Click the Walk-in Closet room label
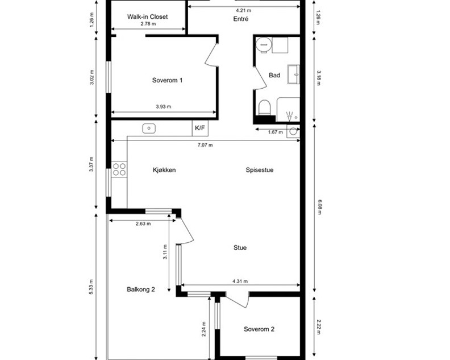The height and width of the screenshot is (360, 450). [x=147, y=16]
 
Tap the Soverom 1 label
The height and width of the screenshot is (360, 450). [x=167, y=80]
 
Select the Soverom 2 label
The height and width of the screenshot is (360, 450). [x=259, y=329]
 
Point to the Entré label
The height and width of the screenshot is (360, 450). [x=241, y=19]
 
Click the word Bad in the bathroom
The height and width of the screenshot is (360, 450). [x=274, y=75]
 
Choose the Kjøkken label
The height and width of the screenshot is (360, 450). [x=164, y=170]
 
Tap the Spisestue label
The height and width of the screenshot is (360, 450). [x=260, y=170]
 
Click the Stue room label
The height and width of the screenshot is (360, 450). [x=240, y=247]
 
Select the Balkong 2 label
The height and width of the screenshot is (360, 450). [x=141, y=289]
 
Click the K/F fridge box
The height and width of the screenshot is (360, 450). [x=200, y=128]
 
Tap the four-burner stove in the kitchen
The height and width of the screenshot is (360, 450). [x=119, y=169]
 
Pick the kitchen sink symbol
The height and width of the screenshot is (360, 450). [x=149, y=128]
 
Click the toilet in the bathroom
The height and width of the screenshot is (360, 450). [x=264, y=107]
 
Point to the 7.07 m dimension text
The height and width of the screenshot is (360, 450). [x=205, y=145]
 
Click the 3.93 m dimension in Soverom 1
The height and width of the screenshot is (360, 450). [x=164, y=106]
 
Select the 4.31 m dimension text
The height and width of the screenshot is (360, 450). [x=240, y=282]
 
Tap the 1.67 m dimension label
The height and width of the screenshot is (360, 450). [x=275, y=132]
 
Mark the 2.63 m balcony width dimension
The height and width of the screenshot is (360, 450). [x=143, y=224]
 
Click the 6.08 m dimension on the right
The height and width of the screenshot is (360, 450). [x=318, y=207]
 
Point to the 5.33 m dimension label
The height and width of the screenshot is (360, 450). [x=91, y=287]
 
